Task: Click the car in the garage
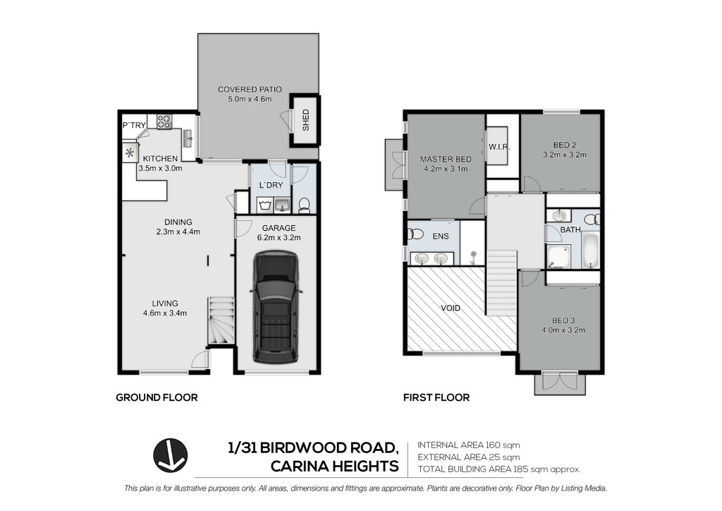276,306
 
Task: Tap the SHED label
306,120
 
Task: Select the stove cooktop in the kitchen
164,121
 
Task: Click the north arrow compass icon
171,455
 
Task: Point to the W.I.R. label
499,148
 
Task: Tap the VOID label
451,308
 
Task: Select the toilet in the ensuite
416,234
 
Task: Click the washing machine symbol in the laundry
265,205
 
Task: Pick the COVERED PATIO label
250,90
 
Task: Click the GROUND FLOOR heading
157,397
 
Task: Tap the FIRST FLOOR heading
436,397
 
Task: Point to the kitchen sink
188,138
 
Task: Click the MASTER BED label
446,159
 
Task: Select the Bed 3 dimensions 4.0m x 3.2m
563,330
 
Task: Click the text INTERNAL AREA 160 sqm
469,445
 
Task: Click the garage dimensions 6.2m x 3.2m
279,238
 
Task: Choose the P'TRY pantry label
134,125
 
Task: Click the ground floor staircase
220,320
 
